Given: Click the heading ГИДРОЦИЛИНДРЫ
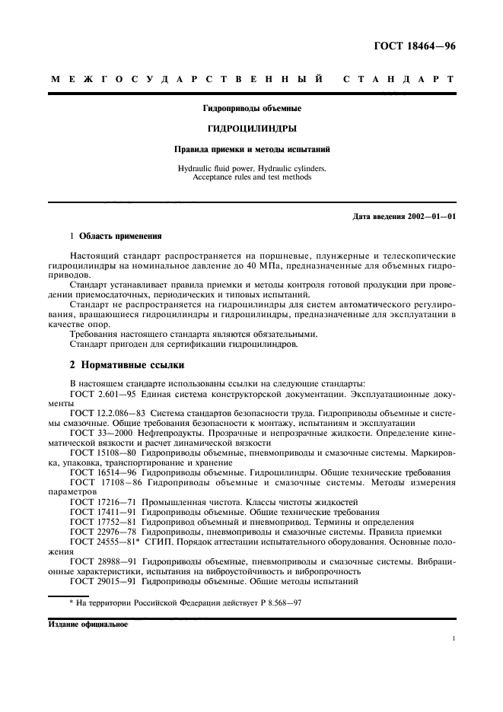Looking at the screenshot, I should coord(250,129).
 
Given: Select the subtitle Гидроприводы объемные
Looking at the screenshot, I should coord(250,108).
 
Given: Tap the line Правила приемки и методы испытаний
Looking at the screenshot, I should coord(250,150).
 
